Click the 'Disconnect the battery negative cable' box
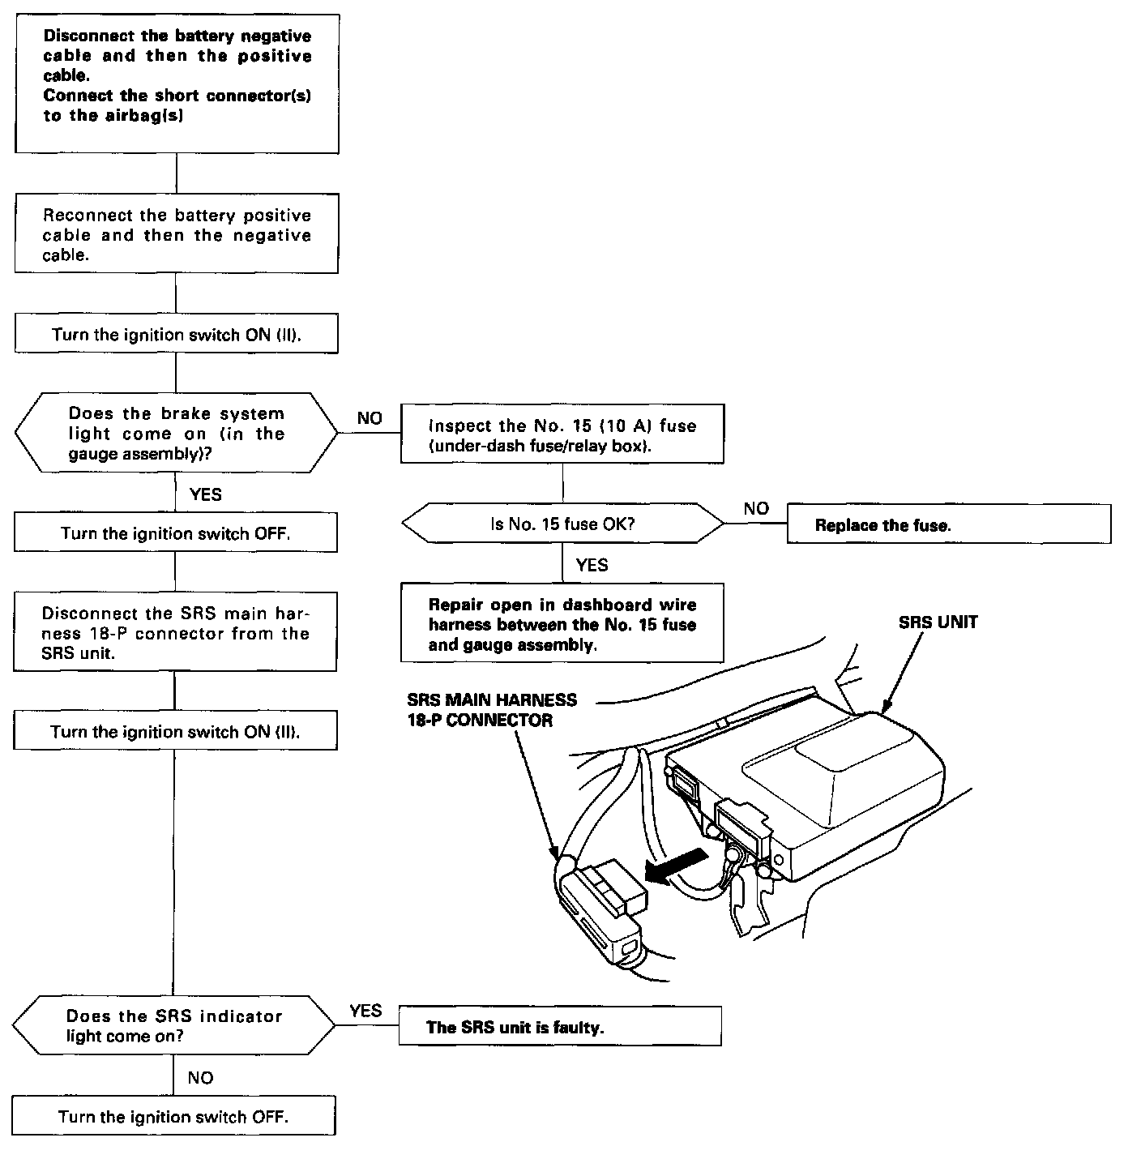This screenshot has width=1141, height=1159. [x=177, y=83]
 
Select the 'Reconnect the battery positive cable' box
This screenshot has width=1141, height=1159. [x=176, y=233]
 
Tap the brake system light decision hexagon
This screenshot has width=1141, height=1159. [x=176, y=434]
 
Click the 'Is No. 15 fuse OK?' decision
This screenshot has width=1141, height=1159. [x=562, y=524]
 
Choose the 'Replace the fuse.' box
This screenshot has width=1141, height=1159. [x=948, y=524]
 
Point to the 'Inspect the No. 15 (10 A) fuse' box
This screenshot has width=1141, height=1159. [x=562, y=436]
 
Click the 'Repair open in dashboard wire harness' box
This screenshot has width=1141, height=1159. [x=562, y=624]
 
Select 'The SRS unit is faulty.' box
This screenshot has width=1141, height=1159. [x=559, y=1027]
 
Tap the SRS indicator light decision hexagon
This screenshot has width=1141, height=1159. [x=174, y=1026]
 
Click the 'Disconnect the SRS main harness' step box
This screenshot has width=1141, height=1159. [x=175, y=633]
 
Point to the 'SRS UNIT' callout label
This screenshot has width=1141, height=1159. [x=938, y=622]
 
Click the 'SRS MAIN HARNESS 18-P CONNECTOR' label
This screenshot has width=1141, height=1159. [x=492, y=709]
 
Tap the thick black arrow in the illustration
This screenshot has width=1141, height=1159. [x=677, y=869]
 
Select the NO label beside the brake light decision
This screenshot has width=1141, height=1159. [x=369, y=418]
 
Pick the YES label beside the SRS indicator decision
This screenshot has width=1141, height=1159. [x=365, y=1011]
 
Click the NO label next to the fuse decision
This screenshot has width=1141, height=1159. [x=755, y=509]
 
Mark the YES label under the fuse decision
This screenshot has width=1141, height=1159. [x=592, y=565]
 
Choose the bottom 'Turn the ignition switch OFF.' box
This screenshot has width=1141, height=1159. [x=173, y=1117]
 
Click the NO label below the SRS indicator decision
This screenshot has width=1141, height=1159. [x=200, y=1077]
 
